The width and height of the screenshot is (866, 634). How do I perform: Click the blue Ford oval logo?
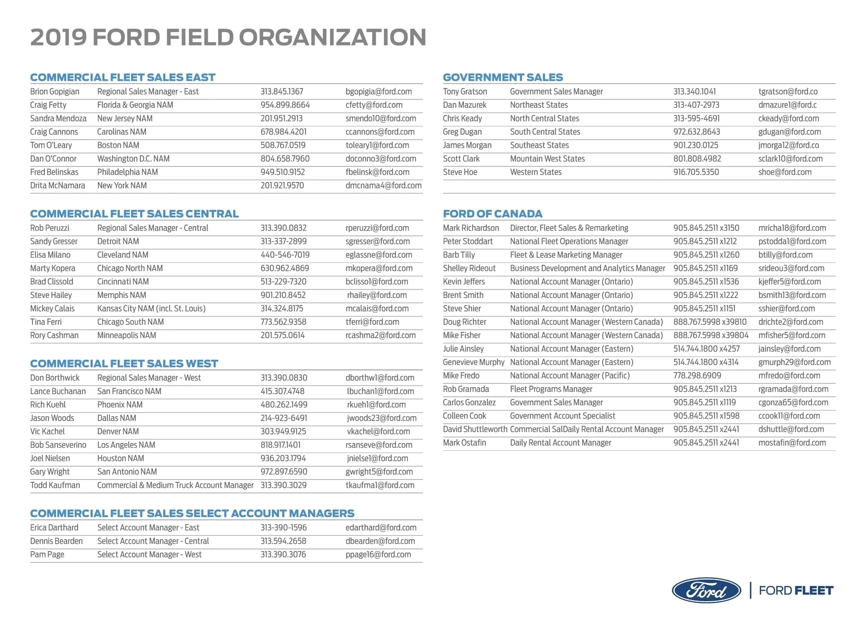coord(706,590)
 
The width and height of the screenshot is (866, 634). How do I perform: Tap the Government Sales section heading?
coord(503,77)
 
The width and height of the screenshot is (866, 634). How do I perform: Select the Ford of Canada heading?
coord(492,214)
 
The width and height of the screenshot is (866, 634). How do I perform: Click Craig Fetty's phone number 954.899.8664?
coord(285,105)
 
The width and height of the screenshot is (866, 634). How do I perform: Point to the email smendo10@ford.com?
coord(381,118)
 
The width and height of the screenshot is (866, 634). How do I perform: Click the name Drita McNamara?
coord(58,185)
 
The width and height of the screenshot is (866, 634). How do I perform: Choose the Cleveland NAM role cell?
coord(123,255)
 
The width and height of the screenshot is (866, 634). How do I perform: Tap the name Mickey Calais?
coord(52,309)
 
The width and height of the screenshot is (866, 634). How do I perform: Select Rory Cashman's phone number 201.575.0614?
coord(282,335)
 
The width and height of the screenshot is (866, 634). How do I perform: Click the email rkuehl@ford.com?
coord(376,405)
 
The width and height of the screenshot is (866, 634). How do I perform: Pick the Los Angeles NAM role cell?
coord(126,445)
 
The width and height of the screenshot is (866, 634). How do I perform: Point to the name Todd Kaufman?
coord(55,485)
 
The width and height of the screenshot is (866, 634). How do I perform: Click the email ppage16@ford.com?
coord(378,555)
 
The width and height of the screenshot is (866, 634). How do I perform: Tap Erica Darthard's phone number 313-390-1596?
coord(283,528)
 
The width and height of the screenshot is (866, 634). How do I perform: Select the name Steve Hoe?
coord(460,172)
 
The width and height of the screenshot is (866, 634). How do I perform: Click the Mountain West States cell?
coord(547,158)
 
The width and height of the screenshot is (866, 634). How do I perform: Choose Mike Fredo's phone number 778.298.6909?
coord(697,376)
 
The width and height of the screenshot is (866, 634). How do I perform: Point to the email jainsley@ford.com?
coord(789,349)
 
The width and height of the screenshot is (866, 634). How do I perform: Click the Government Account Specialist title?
coord(563,416)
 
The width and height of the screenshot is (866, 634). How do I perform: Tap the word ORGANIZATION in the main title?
coord(333,38)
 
